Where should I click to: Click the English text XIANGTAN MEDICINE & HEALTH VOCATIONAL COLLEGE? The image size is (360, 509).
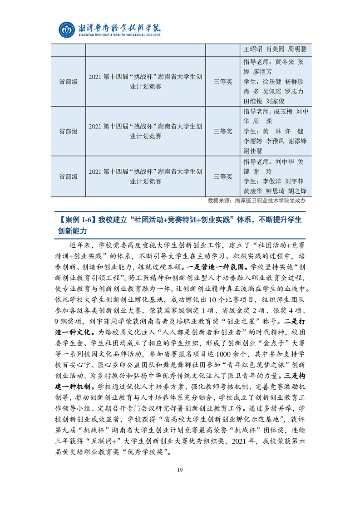(119, 35)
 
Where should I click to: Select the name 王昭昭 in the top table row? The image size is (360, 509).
(253, 49)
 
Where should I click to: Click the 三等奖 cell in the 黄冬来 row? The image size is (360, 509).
(223, 82)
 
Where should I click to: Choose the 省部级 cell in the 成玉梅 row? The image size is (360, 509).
(68, 131)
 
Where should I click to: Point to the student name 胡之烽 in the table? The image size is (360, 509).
(297, 191)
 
